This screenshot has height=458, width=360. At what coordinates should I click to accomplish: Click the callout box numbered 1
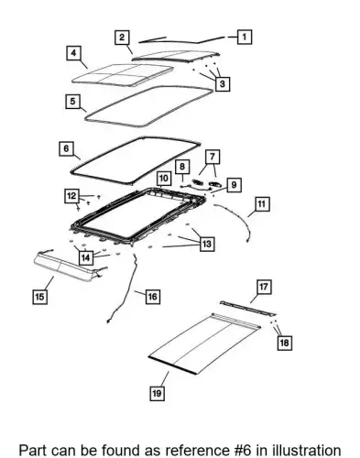pyautogui.click(x=245, y=37)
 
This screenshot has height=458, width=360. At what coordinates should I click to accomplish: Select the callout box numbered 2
pyautogui.click(x=122, y=38)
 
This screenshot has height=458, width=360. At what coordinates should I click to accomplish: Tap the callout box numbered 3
pyautogui.click(x=223, y=83)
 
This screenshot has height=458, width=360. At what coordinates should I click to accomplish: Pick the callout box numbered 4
pyautogui.click(x=73, y=53)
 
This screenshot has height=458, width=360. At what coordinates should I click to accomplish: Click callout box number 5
pyautogui.click(x=72, y=101)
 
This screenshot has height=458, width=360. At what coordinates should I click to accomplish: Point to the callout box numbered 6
pyautogui.click(x=66, y=148)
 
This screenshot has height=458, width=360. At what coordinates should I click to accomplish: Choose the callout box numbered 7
pyautogui.click(x=213, y=157)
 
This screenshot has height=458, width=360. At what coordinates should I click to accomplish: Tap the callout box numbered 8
pyautogui.click(x=182, y=167)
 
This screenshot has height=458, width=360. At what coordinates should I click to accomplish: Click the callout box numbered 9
pyautogui.click(x=234, y=185)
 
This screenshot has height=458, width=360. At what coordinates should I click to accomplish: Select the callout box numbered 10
pyautogui.click(x=164, y=179)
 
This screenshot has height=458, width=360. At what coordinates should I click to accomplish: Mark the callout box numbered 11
pyautogui.click(x=262, y=203)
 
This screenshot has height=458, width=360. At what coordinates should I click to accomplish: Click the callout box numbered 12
pyautogui.click(x=71, y=196)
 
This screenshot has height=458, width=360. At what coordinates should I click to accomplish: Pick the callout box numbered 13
pyautogui.click(x=207, y=244)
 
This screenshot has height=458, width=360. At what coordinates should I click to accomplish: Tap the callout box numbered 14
pyautogui.click(x=86, y=257)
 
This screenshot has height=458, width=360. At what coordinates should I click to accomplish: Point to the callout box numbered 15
pyautogui.click(x=40, y=297)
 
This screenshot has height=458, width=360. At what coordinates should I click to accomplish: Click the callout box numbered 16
pyautogui.click(x=152, y=296)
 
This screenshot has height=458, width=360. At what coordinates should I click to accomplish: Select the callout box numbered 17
pyautogui.click(x=264, y=287)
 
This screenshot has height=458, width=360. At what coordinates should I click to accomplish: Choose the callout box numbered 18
pyautogui.click(x=284, y=343)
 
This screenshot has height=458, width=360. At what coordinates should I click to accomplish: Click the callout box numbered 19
pyautogui.click(x=157, y=393)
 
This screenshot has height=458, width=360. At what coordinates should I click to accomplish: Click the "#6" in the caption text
pyautogui.click(x=241, y=451)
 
